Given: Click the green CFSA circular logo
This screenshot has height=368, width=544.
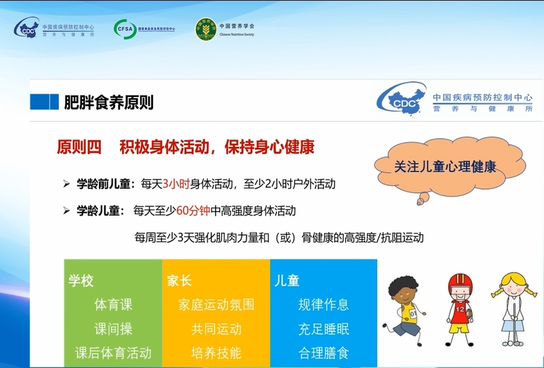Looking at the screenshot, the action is pos(125,29).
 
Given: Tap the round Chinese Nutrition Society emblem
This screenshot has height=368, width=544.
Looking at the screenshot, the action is pos(206,29).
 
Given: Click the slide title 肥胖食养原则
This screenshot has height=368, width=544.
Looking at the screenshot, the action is pos(108,103).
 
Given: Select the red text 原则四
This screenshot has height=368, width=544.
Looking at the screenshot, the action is pos(79,147).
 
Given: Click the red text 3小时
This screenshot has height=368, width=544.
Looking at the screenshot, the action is pos(176,183).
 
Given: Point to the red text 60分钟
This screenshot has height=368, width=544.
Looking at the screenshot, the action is pos(193,210).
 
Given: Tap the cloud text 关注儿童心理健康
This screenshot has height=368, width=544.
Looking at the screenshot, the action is pos(445,167).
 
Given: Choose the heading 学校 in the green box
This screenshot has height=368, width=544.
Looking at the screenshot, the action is pos(81,280).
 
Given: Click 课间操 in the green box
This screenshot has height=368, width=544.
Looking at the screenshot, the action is pos(113,329).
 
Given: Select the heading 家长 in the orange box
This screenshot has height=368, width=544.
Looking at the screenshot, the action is pos(179,280).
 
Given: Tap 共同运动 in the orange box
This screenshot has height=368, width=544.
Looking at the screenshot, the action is pos(216,329).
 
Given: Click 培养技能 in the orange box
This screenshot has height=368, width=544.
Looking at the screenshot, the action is pos(216,353).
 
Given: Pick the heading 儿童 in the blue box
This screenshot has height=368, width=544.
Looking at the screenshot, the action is pos(287,280).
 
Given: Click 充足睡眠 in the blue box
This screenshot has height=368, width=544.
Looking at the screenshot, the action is pos(324,329).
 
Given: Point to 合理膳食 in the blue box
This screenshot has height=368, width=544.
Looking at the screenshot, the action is pos(324,353).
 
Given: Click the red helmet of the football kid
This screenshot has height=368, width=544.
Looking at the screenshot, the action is pos(460,283).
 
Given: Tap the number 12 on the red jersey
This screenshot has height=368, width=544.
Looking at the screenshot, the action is pos(460,309).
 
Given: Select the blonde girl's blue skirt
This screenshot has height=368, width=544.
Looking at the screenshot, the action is pos(513,326).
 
